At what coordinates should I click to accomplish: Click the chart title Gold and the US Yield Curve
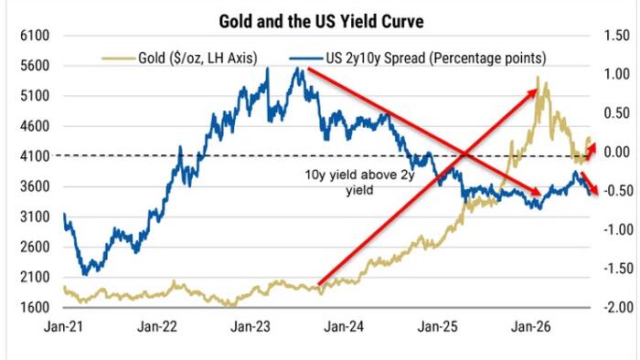(321, 21)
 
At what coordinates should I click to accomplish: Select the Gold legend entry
(179, 58)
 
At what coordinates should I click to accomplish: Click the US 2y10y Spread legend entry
(418, 58)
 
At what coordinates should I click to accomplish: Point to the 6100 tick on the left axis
(35, 36)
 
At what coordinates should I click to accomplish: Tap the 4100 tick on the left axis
(35, 156)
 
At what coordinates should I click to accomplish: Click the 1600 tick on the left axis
(35, 307)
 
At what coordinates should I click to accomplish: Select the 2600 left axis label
(35, 247)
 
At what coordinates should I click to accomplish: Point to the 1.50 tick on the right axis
(617, 36)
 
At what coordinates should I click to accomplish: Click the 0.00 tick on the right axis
(617, 152)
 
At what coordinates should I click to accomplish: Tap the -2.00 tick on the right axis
(618, 307)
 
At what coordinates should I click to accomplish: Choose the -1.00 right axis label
(618, 229)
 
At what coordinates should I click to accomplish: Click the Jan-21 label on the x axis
(63, 326)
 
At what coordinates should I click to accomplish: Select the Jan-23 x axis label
(251, 326)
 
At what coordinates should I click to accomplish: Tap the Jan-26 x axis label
(531, 326)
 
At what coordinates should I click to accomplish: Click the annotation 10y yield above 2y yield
(359, 182)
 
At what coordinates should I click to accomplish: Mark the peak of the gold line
(538, 77)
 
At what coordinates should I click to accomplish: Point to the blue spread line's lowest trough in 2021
(85, 274)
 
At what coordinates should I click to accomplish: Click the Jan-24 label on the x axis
(344, 326)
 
